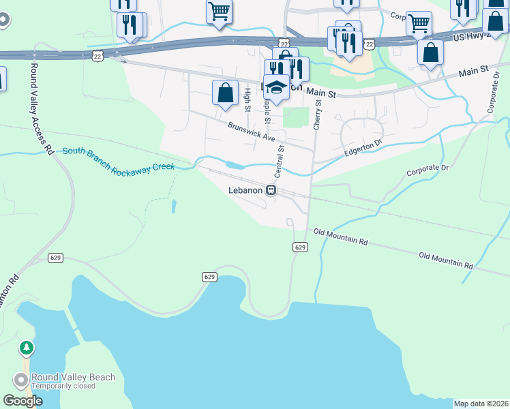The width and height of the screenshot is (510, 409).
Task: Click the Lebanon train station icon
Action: point(271,190)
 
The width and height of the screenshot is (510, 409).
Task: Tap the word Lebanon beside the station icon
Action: point(245,190)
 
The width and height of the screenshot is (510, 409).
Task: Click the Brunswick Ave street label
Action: point(251,132)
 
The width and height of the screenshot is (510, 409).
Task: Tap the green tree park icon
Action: point(27,348)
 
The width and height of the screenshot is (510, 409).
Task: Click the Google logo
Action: point(23,401)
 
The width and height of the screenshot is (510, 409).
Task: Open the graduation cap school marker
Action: point(277,87)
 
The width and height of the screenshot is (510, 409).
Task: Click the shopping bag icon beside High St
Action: point(225,93)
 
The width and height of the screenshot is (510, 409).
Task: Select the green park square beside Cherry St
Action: point(296,117)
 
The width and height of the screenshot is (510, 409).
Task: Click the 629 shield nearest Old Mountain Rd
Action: point(299,247)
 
